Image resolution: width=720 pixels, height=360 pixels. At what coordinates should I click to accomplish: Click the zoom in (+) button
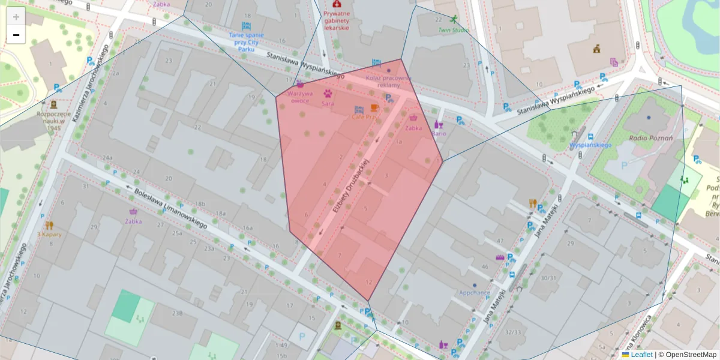click(16, 17)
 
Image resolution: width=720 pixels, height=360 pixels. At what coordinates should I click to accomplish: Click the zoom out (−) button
click(16, 35)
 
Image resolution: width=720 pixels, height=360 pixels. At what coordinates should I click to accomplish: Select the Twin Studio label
click(453, 29)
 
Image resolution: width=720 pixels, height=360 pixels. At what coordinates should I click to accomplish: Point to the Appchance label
click(475, 292)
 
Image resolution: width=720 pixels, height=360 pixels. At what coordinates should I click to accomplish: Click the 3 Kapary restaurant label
click(49, 234)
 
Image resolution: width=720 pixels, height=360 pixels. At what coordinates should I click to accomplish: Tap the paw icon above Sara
click(328, 93)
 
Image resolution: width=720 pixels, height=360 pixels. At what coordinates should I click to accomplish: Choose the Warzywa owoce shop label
click(299, 97)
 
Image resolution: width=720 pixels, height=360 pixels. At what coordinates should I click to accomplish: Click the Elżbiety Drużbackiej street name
click(350, 186)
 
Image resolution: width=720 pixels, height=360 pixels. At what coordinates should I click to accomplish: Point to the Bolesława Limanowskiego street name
click(171, 209)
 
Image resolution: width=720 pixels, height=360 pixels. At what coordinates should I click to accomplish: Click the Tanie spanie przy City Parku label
click(246, 41)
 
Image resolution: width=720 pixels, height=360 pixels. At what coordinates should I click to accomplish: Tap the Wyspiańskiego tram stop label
click(590, 145)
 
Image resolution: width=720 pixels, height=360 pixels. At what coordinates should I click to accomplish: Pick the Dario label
click(439, 133)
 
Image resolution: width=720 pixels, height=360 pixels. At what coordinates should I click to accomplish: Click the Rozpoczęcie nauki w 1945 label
click(54, 120)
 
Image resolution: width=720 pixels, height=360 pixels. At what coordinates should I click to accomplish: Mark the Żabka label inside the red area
click(413, 127)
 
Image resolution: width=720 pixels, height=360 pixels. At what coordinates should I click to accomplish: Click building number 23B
click(177, 313)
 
